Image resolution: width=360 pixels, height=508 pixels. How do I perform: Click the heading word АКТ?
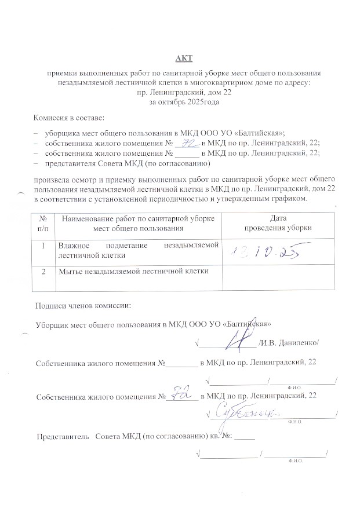click(184, 59)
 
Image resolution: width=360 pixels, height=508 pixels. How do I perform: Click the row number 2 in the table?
click(43, 271)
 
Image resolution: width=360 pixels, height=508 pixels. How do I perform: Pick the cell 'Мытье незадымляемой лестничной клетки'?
click(132, 271)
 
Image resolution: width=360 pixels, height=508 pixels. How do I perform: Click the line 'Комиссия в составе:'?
click(68, 118)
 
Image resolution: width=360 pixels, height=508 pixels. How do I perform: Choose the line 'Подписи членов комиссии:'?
click(83, 305)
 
